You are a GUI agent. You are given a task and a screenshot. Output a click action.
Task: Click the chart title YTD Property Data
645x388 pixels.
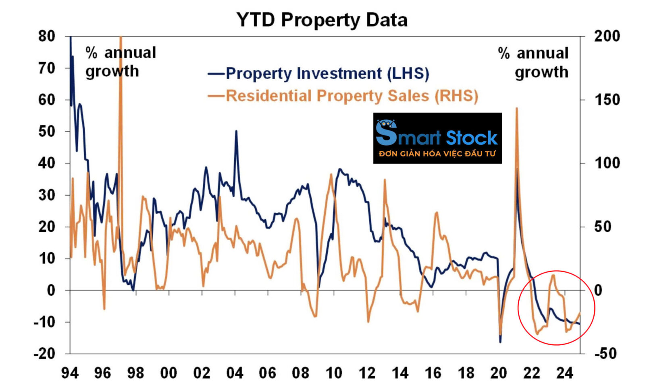322,20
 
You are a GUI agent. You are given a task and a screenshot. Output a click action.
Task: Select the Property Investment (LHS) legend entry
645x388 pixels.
318,73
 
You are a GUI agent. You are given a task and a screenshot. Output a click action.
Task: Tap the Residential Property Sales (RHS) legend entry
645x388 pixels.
343,96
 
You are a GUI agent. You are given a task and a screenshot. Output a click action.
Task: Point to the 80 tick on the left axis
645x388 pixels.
47,36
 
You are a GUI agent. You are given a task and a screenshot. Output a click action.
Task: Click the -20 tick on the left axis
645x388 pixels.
44,354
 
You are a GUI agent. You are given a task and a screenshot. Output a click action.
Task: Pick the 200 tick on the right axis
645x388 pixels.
607,36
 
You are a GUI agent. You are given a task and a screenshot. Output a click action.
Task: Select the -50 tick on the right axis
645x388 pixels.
606,354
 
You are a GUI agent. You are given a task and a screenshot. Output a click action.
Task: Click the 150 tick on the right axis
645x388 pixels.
607,100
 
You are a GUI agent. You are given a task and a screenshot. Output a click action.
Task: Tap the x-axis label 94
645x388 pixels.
70,373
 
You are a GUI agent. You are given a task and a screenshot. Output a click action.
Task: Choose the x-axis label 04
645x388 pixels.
235,373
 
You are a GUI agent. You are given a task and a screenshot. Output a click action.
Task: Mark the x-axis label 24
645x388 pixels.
564,373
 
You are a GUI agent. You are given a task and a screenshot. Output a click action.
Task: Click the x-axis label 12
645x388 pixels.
367,373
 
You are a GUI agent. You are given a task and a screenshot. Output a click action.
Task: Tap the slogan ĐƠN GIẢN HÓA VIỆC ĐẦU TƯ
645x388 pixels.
437,154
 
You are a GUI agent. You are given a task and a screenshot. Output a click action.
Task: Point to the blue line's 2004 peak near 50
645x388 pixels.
236,131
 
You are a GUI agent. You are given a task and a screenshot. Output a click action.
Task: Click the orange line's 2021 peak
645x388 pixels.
517,108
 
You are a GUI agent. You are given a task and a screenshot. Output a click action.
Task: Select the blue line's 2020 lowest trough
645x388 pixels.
500,342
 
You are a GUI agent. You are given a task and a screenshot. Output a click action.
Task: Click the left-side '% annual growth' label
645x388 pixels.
120,62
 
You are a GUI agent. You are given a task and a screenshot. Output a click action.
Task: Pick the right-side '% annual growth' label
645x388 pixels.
533,63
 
